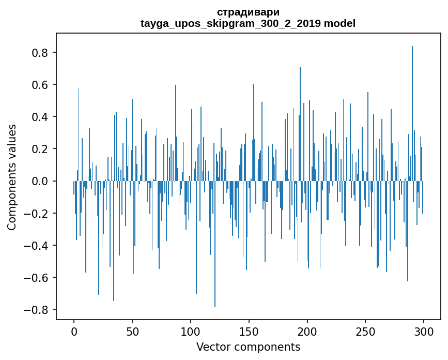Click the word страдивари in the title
click(x=248, y=12)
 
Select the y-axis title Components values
click(x=12, y=177)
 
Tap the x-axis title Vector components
click(x=248, y=347)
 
